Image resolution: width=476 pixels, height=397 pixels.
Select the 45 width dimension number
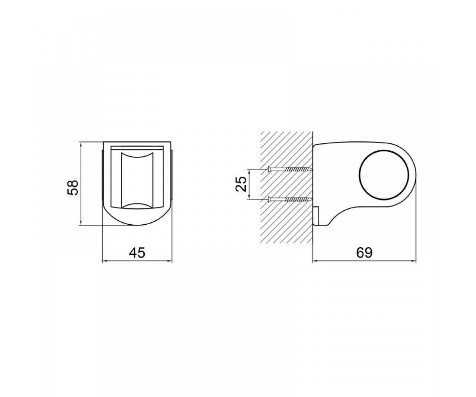tap(137, 252)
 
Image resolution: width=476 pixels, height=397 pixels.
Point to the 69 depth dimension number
tap(364, 252)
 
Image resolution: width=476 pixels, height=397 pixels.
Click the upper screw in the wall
tap(289, 169)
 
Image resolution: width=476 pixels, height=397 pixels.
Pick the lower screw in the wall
tap(289, 199)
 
